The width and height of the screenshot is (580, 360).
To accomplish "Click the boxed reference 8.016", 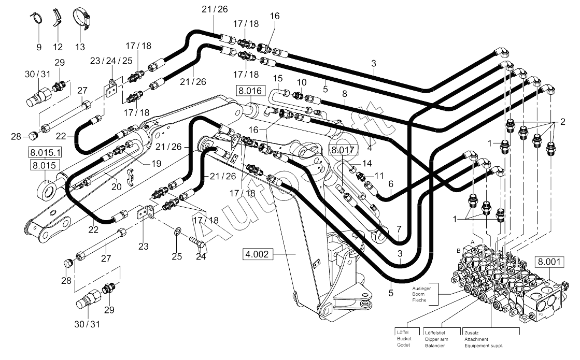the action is [250, 91].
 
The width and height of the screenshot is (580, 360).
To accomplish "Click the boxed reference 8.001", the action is [549, 262].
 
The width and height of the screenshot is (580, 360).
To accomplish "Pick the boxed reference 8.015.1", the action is [45, 152].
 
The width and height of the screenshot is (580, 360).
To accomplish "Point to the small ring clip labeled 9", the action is [36, 18].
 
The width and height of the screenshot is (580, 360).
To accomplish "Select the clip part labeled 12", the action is [56, 17].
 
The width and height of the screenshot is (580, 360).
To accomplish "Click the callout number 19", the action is [157, 163].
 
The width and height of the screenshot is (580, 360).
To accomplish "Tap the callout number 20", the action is [117, 187].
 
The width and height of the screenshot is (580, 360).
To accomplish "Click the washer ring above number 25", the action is [177, 232].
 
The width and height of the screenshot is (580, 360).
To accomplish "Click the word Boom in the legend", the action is [418, 294].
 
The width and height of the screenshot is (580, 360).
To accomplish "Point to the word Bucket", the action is [404, 339].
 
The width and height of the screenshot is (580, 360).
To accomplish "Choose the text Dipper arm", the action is [436, 339].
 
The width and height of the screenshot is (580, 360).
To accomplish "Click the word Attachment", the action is [476, 339].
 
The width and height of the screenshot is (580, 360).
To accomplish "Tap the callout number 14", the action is [366, 163].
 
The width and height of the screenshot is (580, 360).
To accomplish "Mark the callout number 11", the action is [379, 176].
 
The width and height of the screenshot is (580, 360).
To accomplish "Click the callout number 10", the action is [302, 82].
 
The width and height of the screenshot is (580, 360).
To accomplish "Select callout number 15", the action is [278, 78].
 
